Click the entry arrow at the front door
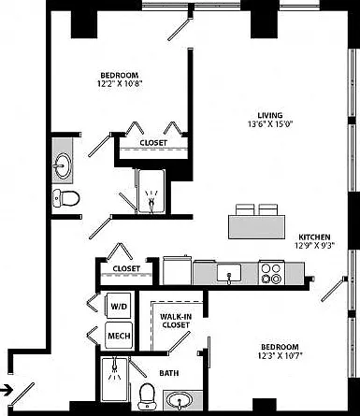pos(7,389)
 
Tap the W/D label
pos(119,307)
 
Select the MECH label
pos(119,336)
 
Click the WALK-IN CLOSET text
pos(175,321)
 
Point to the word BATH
pos(169,373)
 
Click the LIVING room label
pos(270,115)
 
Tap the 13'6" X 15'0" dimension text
pos(270,124)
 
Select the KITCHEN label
pos(314,237)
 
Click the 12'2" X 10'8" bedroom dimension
pos(120,83)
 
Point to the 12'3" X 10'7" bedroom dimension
pos(281,355)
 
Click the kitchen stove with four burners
pos(271,273)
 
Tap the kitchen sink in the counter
pos(229,274)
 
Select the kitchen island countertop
pos(256,227)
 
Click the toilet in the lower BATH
pos(147,396)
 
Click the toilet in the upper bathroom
pos(65,198)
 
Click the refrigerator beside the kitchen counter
pos(177,270)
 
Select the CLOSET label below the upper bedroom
pos(153,143)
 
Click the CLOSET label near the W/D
pos(126,268)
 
